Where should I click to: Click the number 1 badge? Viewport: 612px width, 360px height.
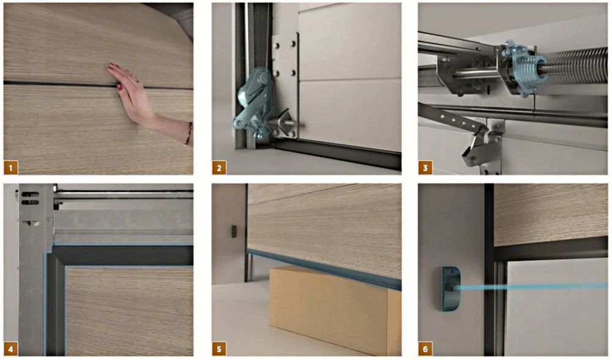tap(11, 168)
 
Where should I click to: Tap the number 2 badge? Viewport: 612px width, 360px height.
tap(219, 168)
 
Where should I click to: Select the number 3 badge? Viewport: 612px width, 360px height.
tap(425, 168)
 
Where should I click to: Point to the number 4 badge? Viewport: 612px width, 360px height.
tap(11, 349)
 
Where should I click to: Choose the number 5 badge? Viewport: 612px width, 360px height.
tap(219, 349)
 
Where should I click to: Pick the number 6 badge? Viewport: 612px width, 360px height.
tap(425, 349)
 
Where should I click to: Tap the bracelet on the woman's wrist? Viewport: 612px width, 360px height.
tap(189, 133)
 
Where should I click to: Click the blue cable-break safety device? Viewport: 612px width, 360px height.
tap(252, 103)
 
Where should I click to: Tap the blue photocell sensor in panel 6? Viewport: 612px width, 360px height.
tap(451, 288)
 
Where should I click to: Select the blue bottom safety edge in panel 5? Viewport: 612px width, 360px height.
tap(324, 269)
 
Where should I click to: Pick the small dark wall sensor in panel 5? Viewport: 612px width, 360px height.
tap(234, 231)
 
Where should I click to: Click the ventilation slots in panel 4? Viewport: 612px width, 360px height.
tap(29, 198)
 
